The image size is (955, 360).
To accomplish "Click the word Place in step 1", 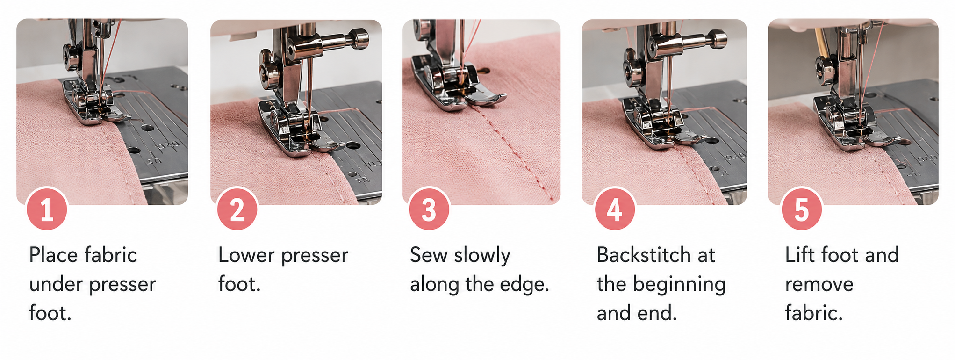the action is [x=53, y=255].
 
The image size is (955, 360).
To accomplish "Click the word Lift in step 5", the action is [x=800, y=255].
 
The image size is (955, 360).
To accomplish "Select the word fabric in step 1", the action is [x=111, y=255].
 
